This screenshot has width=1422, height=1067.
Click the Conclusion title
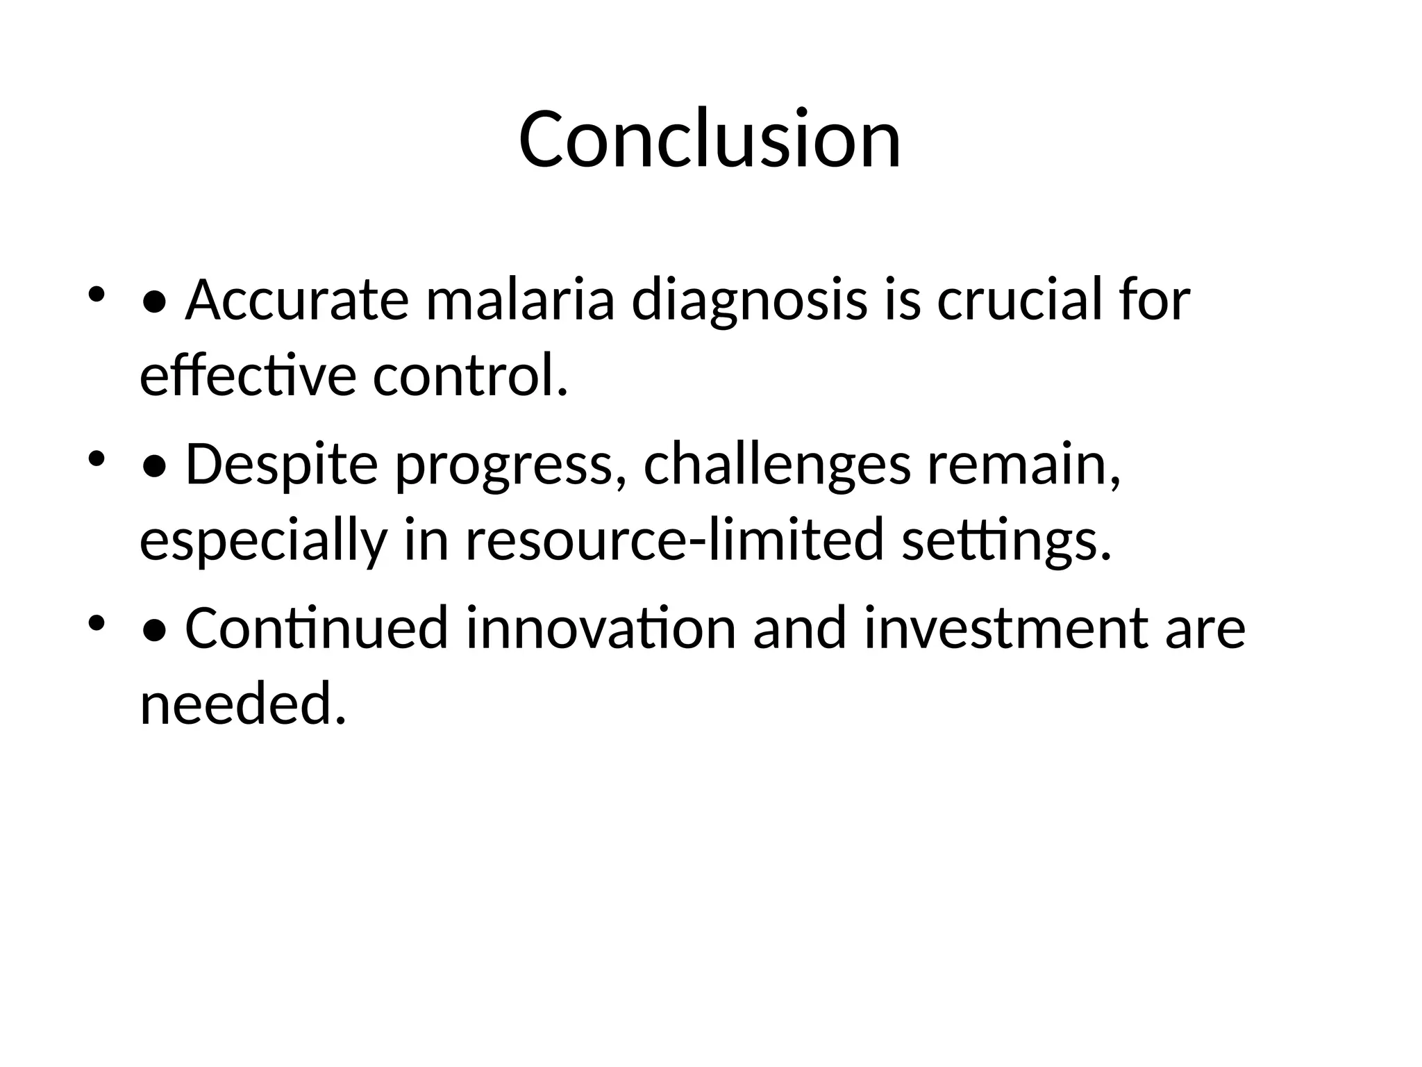point(710,139)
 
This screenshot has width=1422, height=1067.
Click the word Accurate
point(296,300)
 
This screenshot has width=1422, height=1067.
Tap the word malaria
point(519,300)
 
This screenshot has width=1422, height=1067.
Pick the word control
point(469,377)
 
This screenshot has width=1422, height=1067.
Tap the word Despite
point(281,465)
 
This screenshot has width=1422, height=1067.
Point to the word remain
point(1023,465)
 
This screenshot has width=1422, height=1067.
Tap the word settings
point(1006,542)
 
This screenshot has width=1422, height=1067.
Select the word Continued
point(316,628)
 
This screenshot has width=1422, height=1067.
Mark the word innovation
point(600,628)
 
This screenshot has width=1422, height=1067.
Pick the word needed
point(242,704)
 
